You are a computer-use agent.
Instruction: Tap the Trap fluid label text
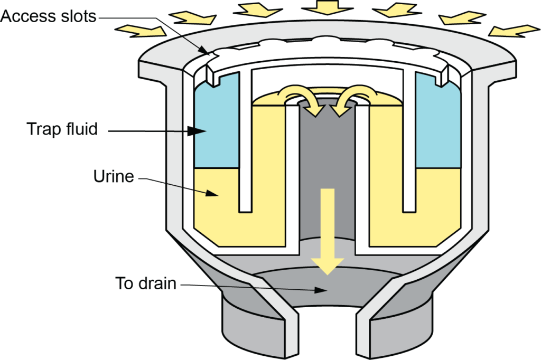click(x=62, y=129)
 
